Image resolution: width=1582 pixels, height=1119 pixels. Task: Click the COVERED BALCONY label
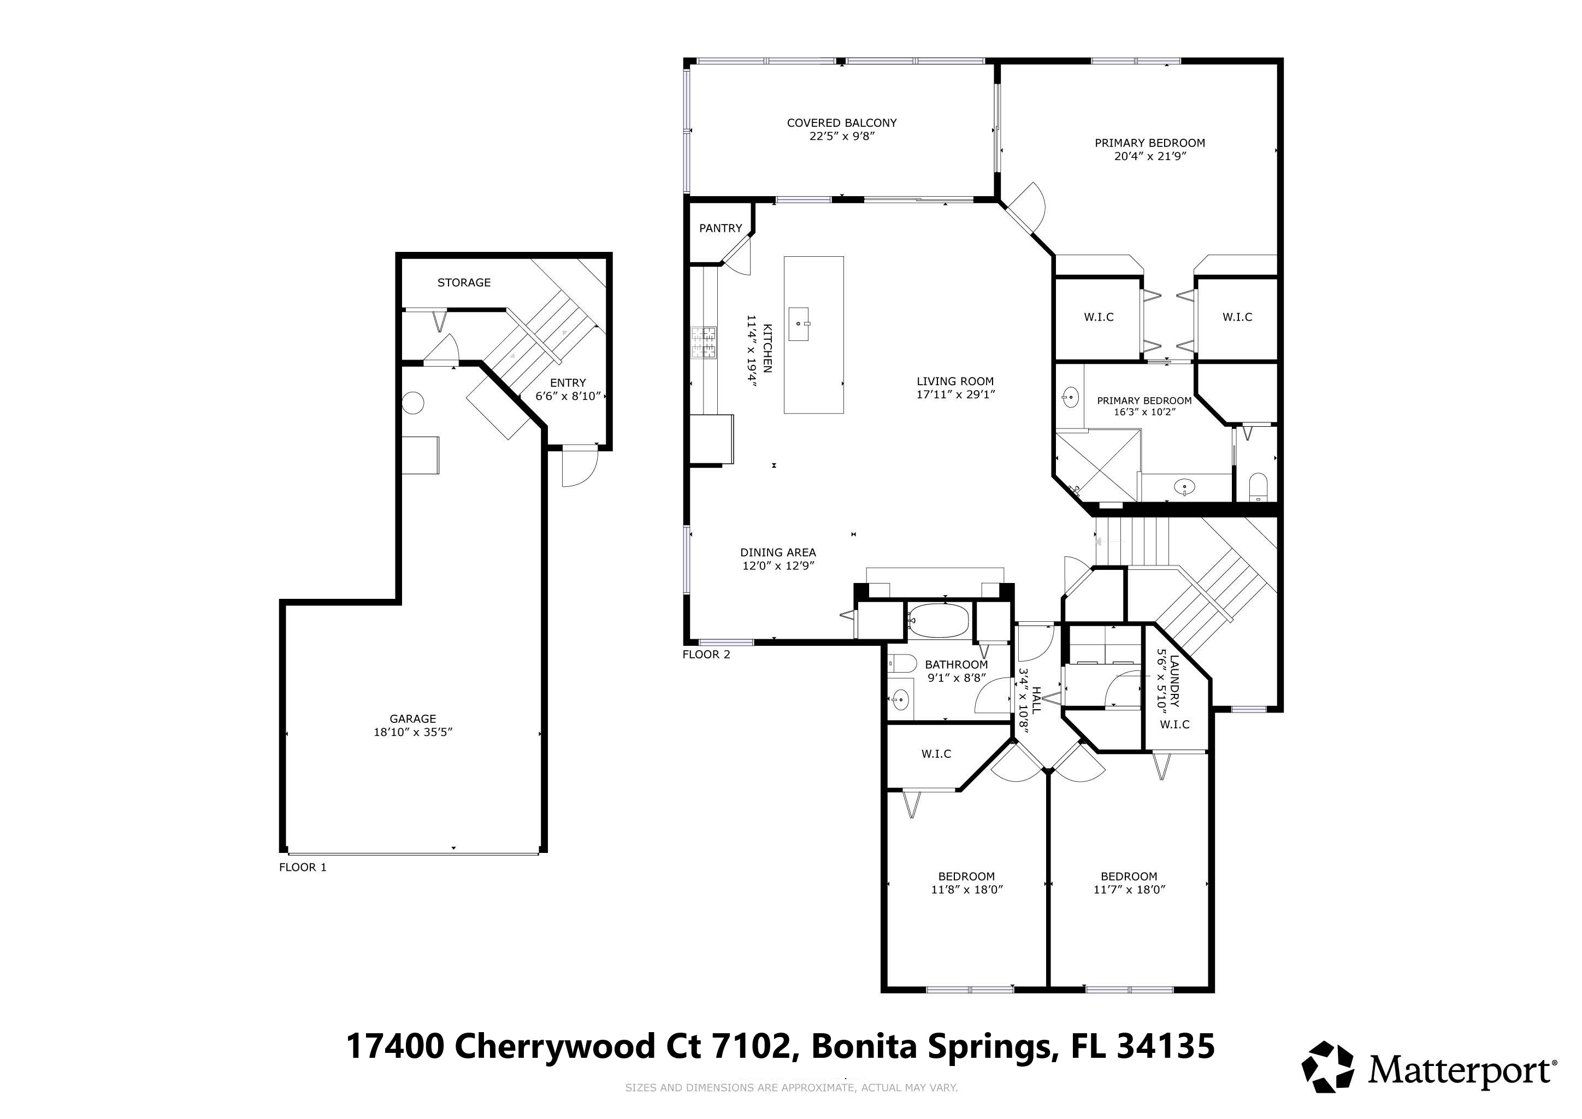pyautogui.click(x=841, y=122)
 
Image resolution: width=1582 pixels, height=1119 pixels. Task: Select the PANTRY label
pyautogui.click(x=721, y=228)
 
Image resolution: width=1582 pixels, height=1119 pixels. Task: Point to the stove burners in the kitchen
pyautogui.click(x=704, y=343)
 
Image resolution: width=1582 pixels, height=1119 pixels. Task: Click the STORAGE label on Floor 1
pyautogui.click(x=464, y=282)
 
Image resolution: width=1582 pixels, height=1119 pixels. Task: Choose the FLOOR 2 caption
pyautogui.click(x=706, y=654)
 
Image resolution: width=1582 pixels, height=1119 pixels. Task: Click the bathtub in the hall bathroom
pyautogui.click(x=938, y=621)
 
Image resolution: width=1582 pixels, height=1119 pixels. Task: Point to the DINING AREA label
pyautogui.click(x=778, y=552)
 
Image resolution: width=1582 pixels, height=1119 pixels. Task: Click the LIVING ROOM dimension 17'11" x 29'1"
pyautogui.click(x=955, y=395)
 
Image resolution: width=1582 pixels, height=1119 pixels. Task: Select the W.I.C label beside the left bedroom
pyautogui.click(x=936, y=754)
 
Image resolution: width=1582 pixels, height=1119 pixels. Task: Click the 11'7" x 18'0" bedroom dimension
pyautogui.click(x=1129, y=890)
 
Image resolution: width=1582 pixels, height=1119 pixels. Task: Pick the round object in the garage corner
pyautogui.click(x=413, y=403)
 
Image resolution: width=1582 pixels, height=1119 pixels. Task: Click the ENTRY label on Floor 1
pyautogui.click(x=568, y=382)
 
